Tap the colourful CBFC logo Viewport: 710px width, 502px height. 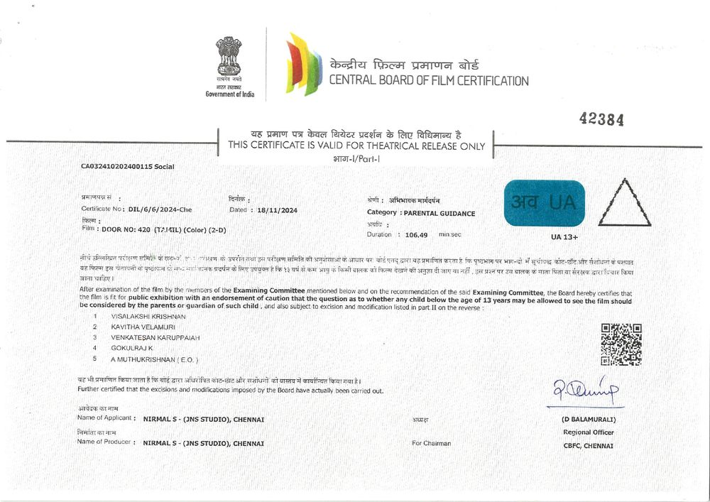303,64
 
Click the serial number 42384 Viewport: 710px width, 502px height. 601,119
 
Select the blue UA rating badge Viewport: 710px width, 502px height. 544,203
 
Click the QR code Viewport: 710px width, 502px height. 621,344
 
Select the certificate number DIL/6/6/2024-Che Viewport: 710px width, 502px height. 160,209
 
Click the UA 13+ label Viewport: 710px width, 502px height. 564,237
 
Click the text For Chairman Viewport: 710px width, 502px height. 431,443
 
